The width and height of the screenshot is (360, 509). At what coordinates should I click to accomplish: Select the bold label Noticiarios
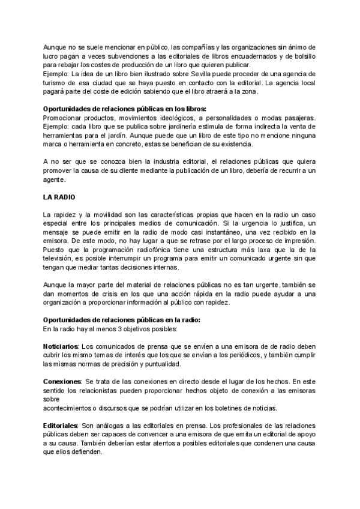click(x=61, y=346)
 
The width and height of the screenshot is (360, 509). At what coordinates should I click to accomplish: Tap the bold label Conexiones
click(x=62, y=381)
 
